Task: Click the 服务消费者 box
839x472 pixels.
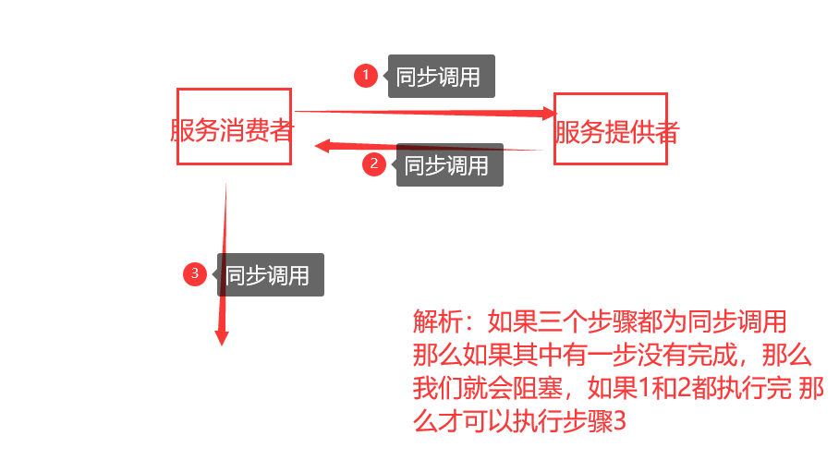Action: pos(234,127)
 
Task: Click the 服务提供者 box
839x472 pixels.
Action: pos(610,128)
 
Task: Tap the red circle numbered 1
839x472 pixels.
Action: pos(365,76)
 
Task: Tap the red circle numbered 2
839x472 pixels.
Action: pos(373,164)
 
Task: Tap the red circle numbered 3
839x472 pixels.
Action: pos(194,274)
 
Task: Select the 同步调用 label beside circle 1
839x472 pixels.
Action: pos(442,77)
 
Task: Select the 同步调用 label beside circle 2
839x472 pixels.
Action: pos(450,165)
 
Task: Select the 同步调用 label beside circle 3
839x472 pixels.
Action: pos(271,275)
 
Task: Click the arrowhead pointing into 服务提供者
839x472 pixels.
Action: pos(549,114)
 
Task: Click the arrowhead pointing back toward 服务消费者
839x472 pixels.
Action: pos(322,145)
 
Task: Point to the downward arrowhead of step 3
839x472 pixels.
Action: pos(221,336)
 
